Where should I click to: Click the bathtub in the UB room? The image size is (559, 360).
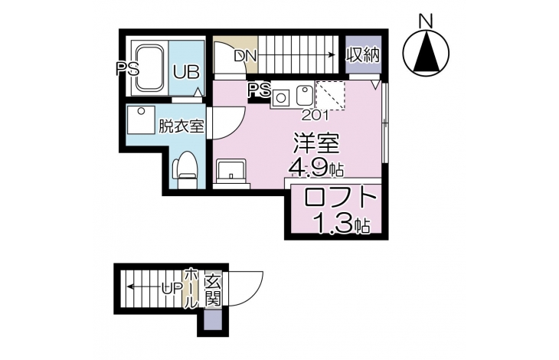[150, 68]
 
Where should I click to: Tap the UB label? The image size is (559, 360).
[186, 72]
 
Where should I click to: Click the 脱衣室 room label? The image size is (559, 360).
[181, 126]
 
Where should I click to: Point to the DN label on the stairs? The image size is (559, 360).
[246, 56]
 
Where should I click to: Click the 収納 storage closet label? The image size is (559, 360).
[363, 55]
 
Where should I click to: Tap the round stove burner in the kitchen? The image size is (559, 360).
[281, 97]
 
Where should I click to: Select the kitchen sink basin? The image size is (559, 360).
[304, 95]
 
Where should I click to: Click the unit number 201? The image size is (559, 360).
[315, 115]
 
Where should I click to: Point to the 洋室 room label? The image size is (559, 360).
[315, 144]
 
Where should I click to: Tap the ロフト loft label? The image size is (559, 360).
[340, 198]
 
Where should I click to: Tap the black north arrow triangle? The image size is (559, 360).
[426, 52]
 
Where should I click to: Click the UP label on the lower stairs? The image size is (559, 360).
[172, 288]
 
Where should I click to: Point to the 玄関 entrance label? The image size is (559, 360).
[213, 290]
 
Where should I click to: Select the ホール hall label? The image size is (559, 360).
[191, 288]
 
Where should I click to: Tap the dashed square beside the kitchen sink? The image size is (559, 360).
[331, 95]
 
